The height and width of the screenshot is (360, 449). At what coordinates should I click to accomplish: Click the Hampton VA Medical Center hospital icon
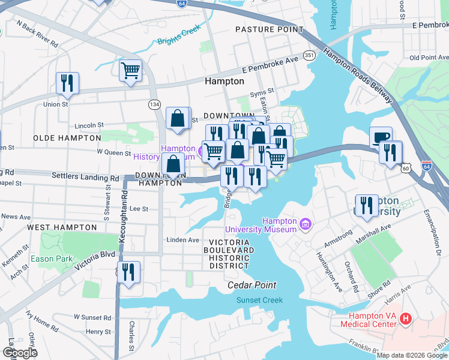point(406,318)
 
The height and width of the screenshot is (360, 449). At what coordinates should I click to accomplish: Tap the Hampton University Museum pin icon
point(306,224)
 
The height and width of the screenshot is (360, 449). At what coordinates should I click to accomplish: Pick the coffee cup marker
point(381,137)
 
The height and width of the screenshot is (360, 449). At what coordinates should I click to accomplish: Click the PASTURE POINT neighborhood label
point(269,29)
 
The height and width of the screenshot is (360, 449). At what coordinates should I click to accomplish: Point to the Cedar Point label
point(252,285)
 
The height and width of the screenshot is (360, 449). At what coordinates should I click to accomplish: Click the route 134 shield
point(155,104)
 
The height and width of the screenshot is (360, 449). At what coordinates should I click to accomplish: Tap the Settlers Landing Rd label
point(85,178)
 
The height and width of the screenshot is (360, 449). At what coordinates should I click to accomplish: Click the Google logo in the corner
point(20,352)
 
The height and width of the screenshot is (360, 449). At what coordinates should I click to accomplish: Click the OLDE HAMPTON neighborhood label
point(62,137)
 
